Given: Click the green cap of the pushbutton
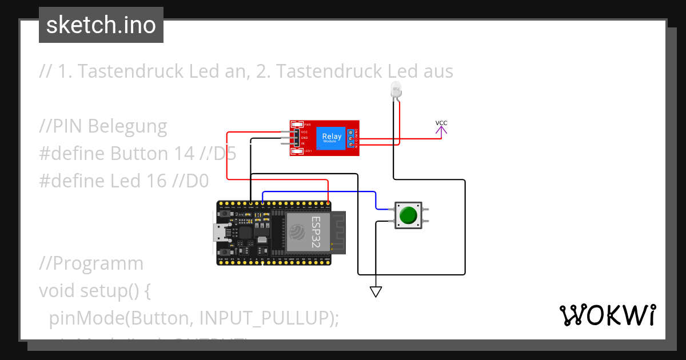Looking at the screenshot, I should coord(408,215).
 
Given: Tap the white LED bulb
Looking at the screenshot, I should coord(395,89).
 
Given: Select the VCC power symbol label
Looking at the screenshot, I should coord(441,123).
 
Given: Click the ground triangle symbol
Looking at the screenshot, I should coord(376,292).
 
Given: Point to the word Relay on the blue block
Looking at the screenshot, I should coord(332,136).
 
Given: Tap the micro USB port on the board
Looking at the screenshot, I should coord(219,233).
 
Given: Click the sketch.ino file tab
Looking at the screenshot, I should coord(101,25).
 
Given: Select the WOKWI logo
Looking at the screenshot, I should coord(607,315).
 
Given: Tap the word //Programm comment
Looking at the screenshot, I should coord(91,263).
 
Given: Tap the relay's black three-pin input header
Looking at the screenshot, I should coord(296,138).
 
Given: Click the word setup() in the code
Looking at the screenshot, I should coord(110,291).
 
